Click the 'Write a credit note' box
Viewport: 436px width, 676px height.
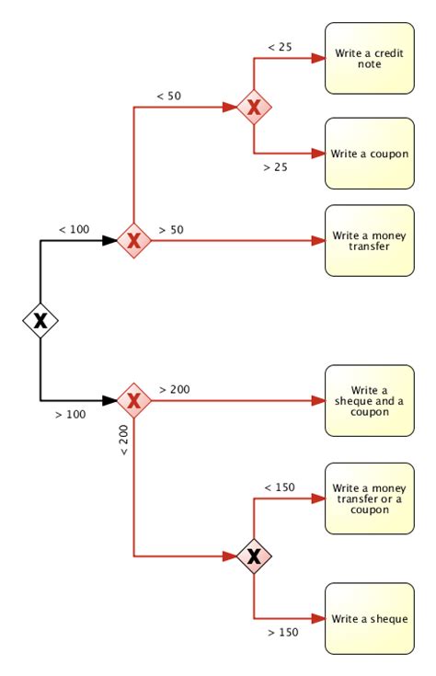(369, 58)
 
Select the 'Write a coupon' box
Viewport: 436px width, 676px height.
(369, 154)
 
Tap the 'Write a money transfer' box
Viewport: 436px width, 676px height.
(369, 241)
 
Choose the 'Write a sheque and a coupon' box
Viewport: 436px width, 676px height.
(369, 401)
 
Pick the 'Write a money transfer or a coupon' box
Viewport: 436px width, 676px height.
(369, 498)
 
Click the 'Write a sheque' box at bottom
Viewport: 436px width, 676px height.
(369, 618)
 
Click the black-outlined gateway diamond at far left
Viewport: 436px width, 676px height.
(40, 320)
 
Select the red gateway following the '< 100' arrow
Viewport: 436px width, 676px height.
(134, 241)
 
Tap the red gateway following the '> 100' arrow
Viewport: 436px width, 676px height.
(134, 401)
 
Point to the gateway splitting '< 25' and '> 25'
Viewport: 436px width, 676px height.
(254, 108)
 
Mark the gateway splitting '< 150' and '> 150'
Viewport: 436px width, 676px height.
(254, 556)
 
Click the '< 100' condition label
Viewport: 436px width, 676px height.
(74, 229)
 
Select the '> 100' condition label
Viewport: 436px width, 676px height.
(70, 415)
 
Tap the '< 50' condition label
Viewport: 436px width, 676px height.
(168, 95)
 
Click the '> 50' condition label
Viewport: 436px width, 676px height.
(173, 228)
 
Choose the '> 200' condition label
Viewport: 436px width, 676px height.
(175, 389)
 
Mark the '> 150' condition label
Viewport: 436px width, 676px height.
(282, 633)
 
